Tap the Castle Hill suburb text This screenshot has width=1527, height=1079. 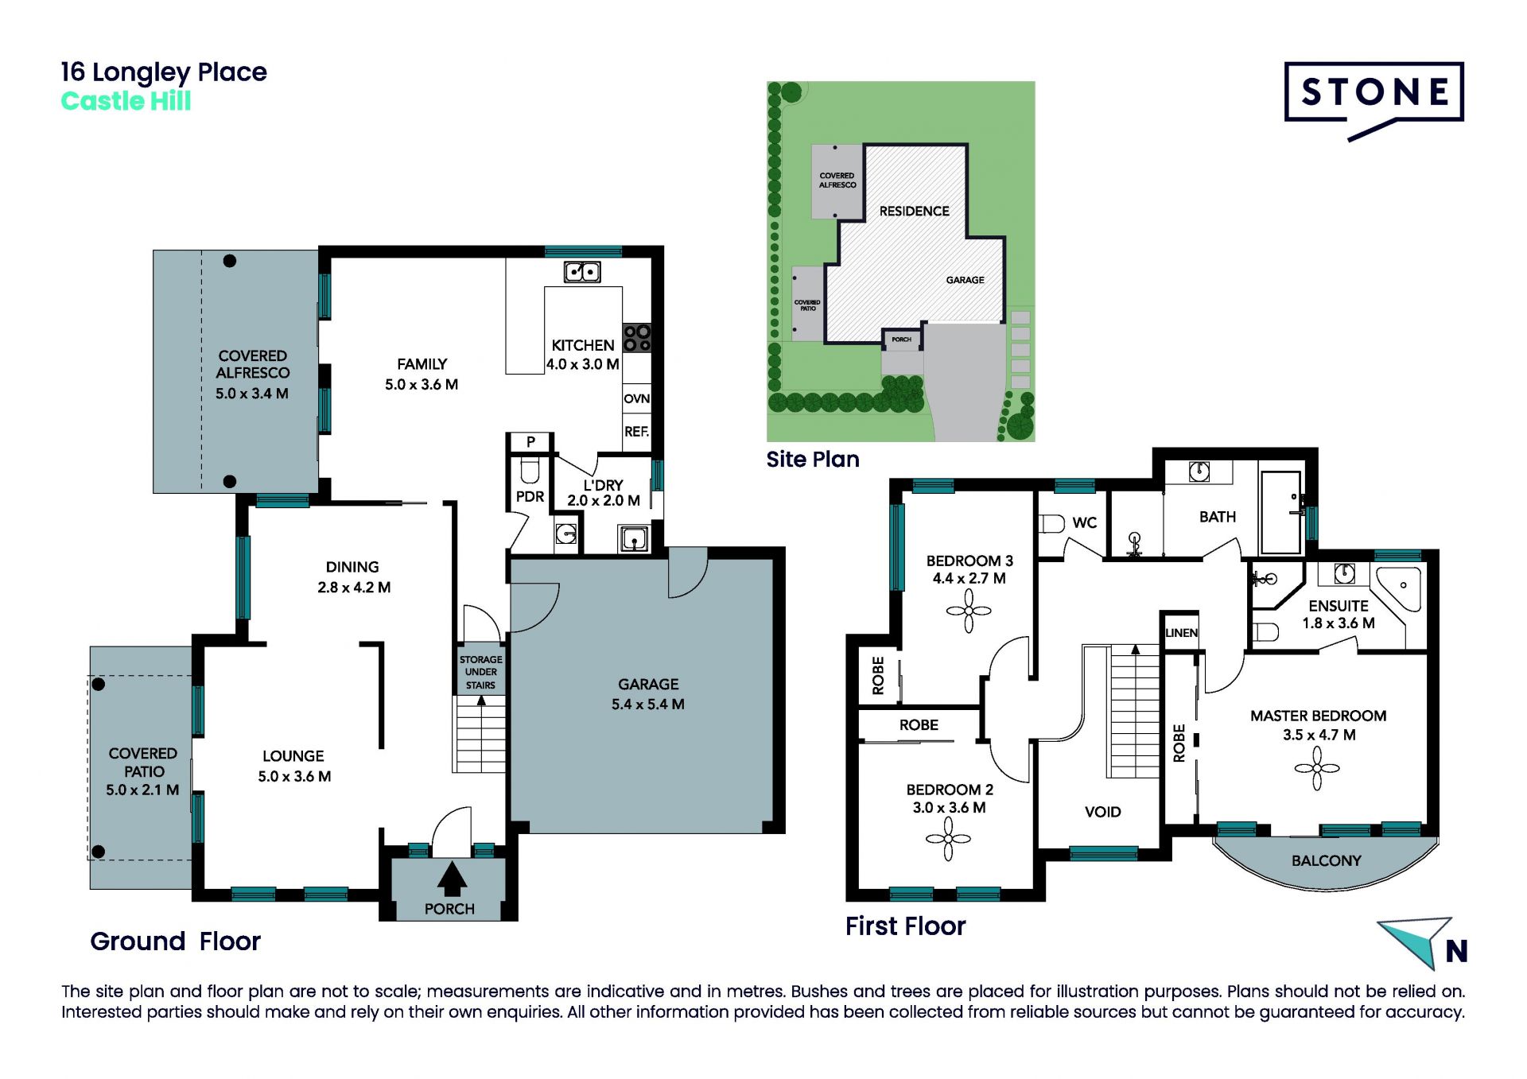(126, 102)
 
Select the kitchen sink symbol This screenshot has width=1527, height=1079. (582, 272)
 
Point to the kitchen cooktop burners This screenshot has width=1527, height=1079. (637, 337)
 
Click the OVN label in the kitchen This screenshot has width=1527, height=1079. (636, 398)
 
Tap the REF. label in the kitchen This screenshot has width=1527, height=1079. (636, 432)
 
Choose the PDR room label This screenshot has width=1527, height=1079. (530, 496)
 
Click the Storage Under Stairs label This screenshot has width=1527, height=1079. (480, 672)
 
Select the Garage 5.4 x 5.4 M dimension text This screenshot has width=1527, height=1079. (648, 704)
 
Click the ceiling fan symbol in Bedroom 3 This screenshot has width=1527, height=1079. (969, 611)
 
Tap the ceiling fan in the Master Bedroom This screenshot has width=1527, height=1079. (1317, 768)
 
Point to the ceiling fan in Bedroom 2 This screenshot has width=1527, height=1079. (948, 840)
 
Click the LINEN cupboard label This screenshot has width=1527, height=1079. (1181, 633)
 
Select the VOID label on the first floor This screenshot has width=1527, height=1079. (1103, 812)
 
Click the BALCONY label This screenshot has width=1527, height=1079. (1327, 860)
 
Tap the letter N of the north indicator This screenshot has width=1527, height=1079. (1456, 951)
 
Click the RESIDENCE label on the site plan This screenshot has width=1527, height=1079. (914, 211)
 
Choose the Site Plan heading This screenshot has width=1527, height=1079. (813, 460)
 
